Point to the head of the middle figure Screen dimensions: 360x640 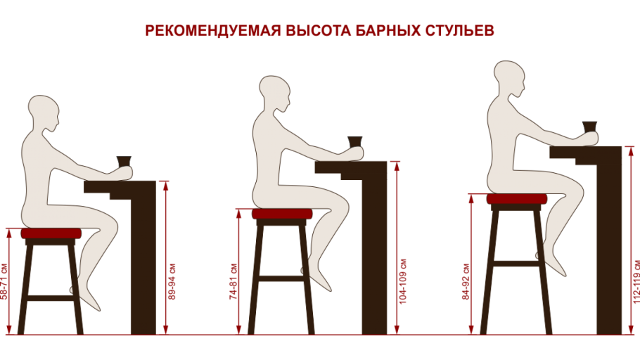(275, 89)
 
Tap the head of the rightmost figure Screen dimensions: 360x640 (509, 75)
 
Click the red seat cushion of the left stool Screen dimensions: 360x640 (51, 233)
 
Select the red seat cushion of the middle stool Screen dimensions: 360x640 (282, 214)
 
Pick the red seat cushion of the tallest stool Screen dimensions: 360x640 (516, 199)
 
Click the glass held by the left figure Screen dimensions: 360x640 (124, 162)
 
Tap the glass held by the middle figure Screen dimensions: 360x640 (355, 141)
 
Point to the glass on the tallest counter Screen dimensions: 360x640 (589, 127)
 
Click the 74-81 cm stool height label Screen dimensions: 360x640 (233, 281)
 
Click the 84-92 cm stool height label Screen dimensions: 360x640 (466, 281)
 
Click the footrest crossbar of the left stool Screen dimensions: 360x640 (51, 298)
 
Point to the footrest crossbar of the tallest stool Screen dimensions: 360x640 (516, 263)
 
